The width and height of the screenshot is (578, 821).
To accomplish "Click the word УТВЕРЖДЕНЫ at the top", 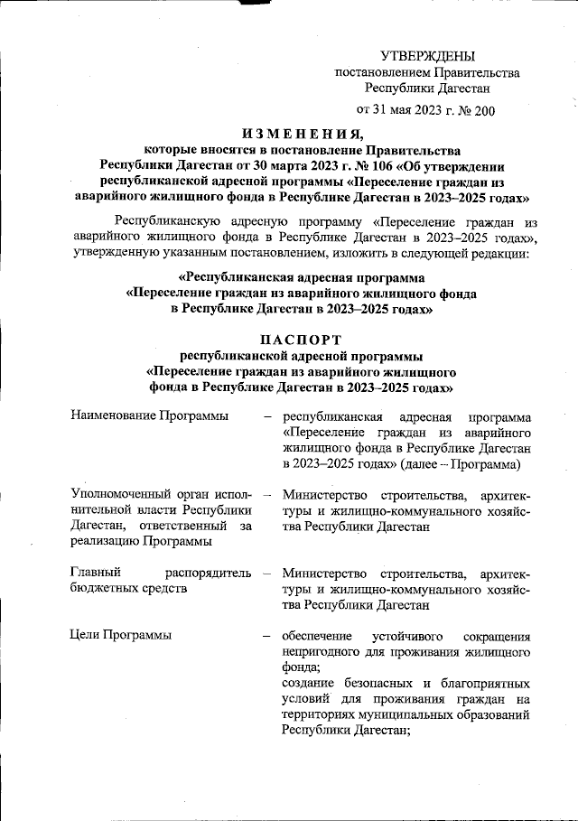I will coord(427,56).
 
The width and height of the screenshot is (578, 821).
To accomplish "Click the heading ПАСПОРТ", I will coord(302,340).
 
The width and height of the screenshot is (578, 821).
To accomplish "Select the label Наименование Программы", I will coord(148,416).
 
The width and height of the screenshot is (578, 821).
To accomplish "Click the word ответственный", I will coord(168,526).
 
